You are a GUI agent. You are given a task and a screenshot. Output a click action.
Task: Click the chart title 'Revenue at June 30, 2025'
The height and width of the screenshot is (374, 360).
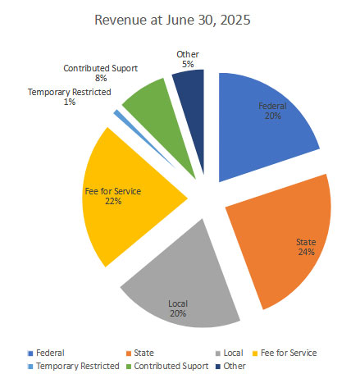tap(180, 18)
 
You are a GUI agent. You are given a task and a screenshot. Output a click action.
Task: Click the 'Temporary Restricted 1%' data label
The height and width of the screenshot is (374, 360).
tap(69, 97)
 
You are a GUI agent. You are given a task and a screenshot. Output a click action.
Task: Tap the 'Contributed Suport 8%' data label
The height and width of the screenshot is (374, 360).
tap(101, 74)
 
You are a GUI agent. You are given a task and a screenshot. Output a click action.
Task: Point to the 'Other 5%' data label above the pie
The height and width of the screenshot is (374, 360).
tap(187, 59)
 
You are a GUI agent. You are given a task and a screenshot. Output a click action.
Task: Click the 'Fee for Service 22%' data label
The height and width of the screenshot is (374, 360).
tap(113, 196)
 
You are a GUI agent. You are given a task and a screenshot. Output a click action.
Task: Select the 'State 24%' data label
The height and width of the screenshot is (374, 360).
tap(306, 247)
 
